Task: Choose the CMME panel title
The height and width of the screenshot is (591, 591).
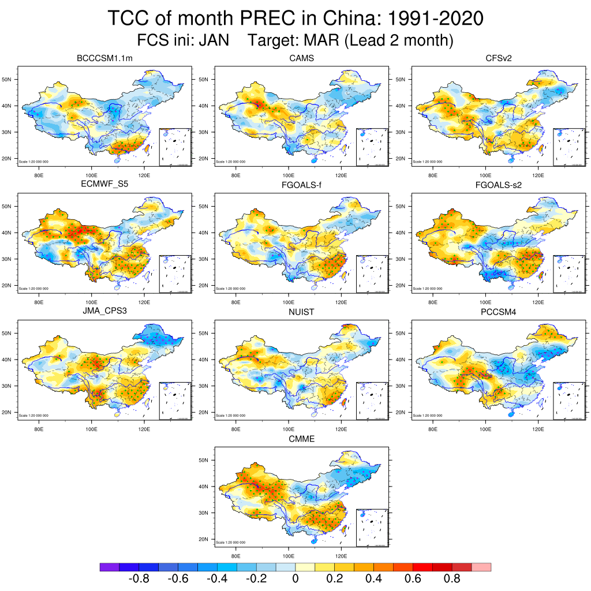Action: [x=301, y=439]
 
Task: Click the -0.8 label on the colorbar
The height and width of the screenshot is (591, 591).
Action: [x=139, y=579]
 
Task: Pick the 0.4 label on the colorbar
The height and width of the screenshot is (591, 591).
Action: [x=374, y=579]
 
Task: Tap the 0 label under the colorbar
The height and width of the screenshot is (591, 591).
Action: [x=295, y=579]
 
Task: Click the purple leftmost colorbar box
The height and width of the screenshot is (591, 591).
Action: [x=110, y=567]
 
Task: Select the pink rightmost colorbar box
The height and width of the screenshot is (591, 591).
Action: [x=481, y=567]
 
